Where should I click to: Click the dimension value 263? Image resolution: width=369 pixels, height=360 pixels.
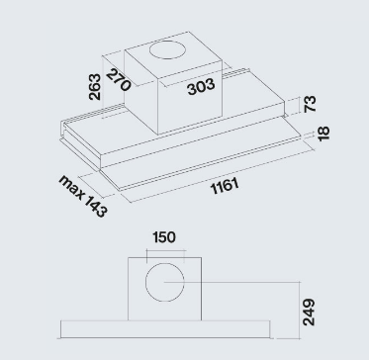[x=95, y=87]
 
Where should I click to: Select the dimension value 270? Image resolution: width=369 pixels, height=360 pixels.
[x=119, y=79]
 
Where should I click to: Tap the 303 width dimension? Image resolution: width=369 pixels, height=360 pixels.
[x=201, y=87]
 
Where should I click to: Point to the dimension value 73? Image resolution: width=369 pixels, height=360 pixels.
[x=310, y=104]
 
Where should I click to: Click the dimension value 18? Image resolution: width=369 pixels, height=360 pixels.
[x=323, y=134]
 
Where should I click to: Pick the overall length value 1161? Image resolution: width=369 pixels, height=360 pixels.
[x=225, y=187]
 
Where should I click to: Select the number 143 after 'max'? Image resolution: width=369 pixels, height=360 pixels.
[x=95, y=205]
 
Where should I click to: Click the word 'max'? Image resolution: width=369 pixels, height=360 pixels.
[x=71, y=187]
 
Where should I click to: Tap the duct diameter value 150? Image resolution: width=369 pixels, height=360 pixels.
[x=164, y=237]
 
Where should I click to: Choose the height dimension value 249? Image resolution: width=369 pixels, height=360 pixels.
[x=309, y=313]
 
